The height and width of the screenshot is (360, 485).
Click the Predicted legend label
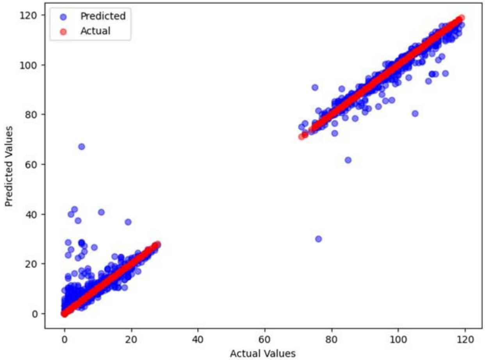tap(103, 16)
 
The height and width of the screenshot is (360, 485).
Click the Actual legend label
tap(95, 31)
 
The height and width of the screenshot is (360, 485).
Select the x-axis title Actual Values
tap(262, 354)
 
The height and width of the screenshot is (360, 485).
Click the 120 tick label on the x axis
tap(465, 337)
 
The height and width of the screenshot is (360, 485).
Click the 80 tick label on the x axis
tap(332, 337)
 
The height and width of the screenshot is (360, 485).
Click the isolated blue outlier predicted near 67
tap(81, 146)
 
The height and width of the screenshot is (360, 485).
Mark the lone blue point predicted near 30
tap(318, 239)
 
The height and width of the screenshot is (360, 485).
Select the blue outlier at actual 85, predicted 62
tap(348, 160)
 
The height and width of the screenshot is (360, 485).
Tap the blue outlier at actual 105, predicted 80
tap(415, 113)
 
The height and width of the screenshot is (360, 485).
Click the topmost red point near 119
tap(461, 18)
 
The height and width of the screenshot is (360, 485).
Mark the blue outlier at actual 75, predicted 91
tap(315, 87)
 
